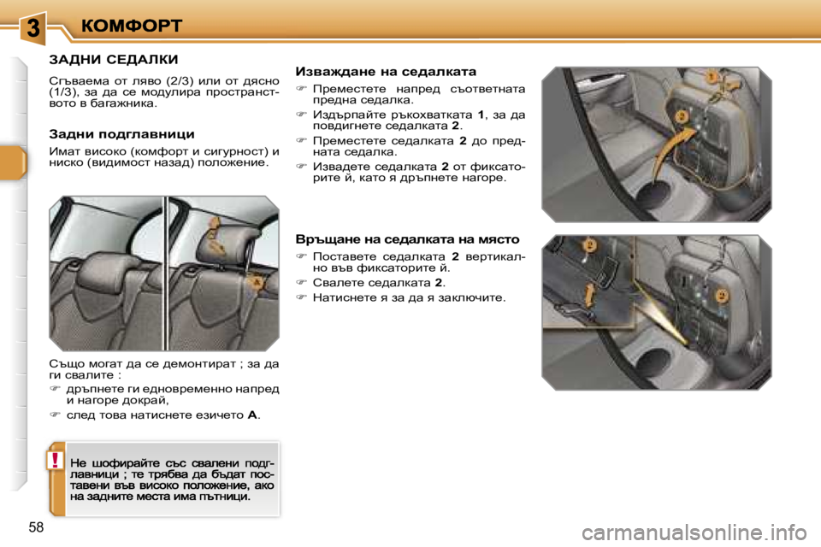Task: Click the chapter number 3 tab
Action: [x=32, y=26]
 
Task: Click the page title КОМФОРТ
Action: [x=132, y=25]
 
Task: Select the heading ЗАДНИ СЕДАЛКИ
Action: [x=113, y=60]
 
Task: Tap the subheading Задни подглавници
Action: [x=121, y=134]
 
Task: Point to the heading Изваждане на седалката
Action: [x=385, y=72]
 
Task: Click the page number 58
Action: [x=36, y=527]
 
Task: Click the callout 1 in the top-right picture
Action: [x=709, y=78]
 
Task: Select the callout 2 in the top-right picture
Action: [x=682, y=115]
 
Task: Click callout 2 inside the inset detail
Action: [x=589, y=246]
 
